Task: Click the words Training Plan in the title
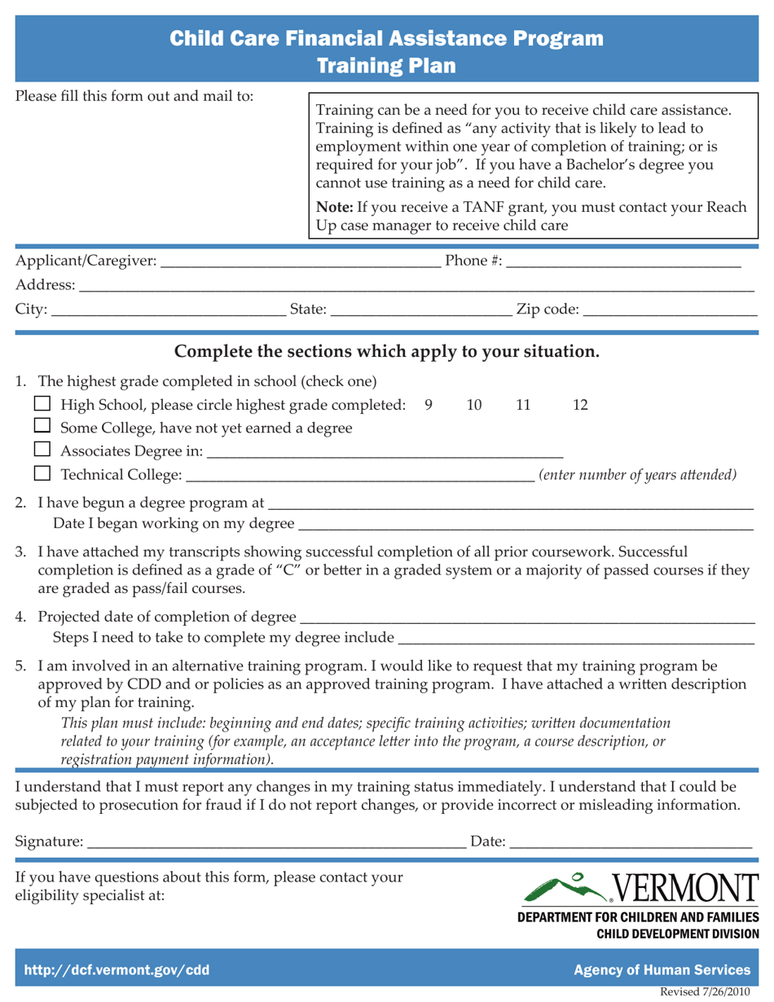click(386, 64)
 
